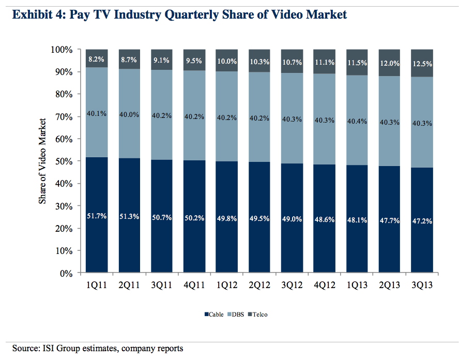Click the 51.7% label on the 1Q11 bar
coord(97,217)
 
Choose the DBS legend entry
coord(236,314)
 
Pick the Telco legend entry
coord(258,314)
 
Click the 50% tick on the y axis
coord(64,161)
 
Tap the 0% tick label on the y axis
coord(67,273)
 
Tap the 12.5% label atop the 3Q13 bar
coord(422,64)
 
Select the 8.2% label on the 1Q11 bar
coord(97,60)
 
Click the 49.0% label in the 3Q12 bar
coord(292,219)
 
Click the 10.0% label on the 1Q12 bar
coord(227,62)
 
